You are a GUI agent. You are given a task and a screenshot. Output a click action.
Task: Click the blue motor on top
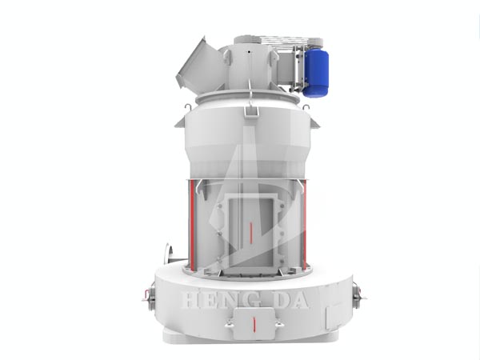coord(316,73)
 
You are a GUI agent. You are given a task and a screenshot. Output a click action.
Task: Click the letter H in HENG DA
coord(192,299)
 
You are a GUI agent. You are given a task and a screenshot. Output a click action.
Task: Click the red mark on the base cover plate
coord(254,324)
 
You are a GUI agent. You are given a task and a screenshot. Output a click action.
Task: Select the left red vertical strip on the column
coord(192,225)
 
